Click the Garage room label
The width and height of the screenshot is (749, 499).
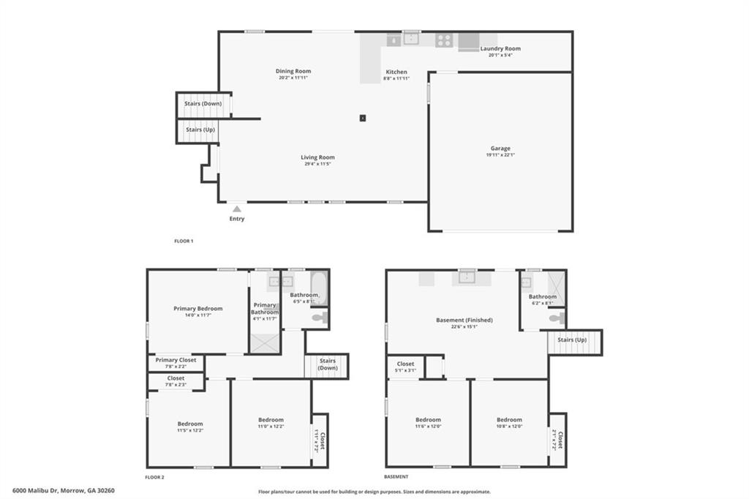pyautogui.click(x=500, y=149)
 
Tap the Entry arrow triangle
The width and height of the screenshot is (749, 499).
pyautogui.click(x=236, y=209)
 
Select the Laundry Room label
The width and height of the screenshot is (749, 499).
pyautogui.click(x=500, y=49)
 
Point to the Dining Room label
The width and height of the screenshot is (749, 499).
pyautogui.click(x=293, y=71)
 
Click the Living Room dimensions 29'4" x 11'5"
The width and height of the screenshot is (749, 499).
pyautogui.click(x=317, y=164)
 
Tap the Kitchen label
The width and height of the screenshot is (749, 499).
pyautogui.click(x=396, y=72)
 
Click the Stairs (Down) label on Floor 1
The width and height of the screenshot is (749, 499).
pyautogui.click(x=203, y=104)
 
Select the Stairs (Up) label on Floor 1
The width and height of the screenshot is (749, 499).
pyautogui.click(x=199, y=130)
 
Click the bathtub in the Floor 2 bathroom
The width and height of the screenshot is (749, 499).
pyautogui.click(x=319, y=288)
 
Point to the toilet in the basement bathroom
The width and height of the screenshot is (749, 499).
pyautogui.click(x=557, y=318)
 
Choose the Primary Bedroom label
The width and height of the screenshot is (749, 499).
pyautogui.click(x=197, y=309)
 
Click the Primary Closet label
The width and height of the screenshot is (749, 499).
pyautogui.click(x=176, y=360)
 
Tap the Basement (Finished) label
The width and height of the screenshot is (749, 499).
pyautogui.click(x=464, y=320)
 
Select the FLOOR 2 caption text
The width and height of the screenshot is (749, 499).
pyautogui.click(x=154, y=477)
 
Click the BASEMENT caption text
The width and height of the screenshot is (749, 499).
pyautogui.click(x=397, y=477)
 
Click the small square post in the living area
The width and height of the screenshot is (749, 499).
pyautogui.click(x=362, y=118)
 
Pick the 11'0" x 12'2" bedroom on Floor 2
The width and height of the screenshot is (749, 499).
pyautogui.click(x=271, y=423)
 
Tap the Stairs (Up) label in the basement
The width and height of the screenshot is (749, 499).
pyautogui.click(x=574, y=340)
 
